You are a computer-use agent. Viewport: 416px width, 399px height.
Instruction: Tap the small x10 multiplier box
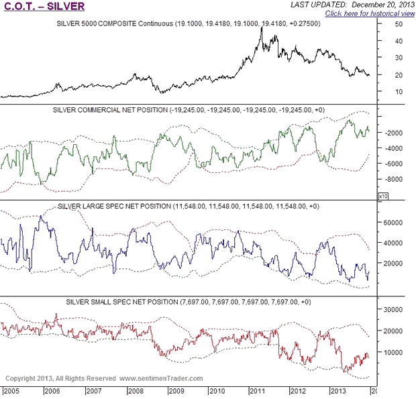[x=382, y=196]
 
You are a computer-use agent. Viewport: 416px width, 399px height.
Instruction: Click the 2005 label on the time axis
[x=12, y=390]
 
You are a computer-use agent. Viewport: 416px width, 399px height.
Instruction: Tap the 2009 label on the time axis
[x=176, y=390]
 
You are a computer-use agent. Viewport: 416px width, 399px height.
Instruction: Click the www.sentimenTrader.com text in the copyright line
[x=162, y=379]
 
